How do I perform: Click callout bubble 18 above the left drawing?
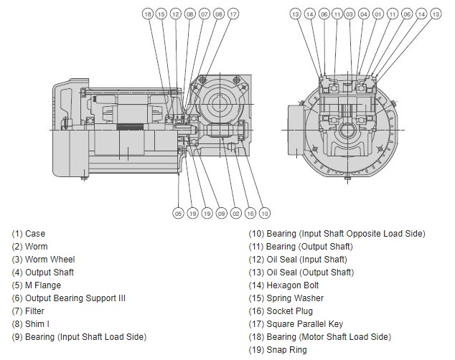[147, 14]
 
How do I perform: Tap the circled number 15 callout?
[161, 14]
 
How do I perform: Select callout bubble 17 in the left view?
[233, 14]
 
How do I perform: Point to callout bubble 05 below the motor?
[178, 212]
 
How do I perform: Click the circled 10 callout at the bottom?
[265, 212]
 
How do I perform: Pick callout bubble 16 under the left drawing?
[250, 212]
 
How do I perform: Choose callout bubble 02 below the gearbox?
[236, 212]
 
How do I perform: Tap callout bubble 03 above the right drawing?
[350, 14]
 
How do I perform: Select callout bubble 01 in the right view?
[378, 14]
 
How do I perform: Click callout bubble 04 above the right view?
[364, 14]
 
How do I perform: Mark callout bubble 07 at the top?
[205, 14]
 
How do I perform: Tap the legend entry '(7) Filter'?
[29, 311]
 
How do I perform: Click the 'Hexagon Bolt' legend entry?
[284, 285]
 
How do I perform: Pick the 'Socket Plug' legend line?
[281, 311]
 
